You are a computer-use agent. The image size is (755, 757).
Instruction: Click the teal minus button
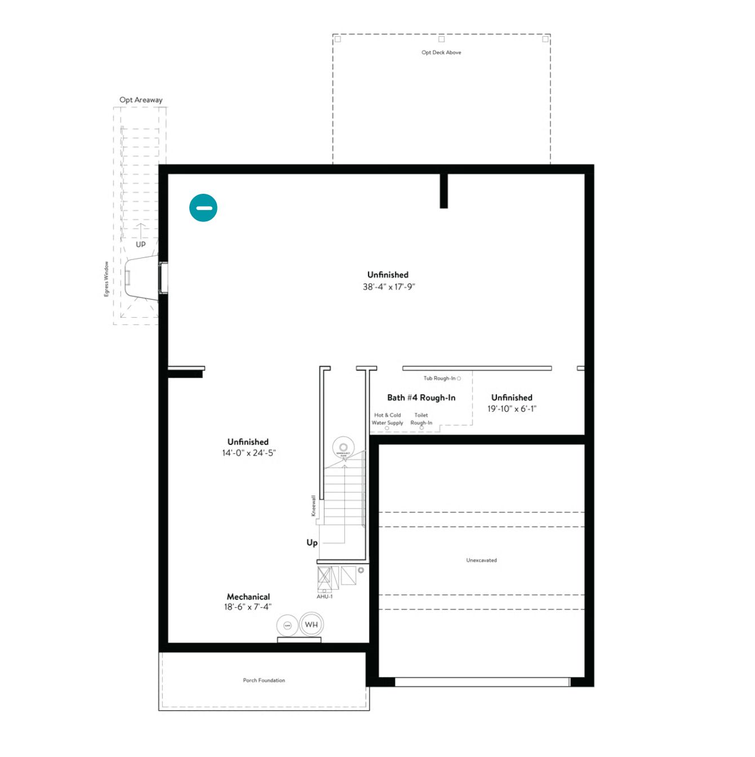(203, 208)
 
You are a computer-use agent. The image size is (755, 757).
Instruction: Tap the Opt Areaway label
(141, 100)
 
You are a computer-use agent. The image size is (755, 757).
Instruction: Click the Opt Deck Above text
(441, 52)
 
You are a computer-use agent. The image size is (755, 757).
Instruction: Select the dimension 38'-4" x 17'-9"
(389, 287)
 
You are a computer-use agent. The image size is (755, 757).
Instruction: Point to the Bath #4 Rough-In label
(421, 398)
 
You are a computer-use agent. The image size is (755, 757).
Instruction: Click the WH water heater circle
(311, 625)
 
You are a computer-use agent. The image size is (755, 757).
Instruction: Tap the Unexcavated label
(481, 560)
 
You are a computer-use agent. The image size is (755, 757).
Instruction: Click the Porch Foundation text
(264, 680)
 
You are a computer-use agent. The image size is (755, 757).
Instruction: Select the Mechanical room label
(248, 596)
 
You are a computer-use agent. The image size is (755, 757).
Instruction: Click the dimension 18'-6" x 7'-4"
(247, 607)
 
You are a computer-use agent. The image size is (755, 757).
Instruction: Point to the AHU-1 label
(325, 596)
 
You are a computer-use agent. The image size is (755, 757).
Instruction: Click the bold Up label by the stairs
(312, 542)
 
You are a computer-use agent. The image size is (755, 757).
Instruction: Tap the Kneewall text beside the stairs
(314, 505)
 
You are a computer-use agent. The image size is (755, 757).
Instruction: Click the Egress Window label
(106, 279)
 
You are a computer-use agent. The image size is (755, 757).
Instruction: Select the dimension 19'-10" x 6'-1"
(512, 409)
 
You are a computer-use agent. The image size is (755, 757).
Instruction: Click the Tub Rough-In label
(439, 379)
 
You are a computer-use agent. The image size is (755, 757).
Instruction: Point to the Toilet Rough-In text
(421, 419)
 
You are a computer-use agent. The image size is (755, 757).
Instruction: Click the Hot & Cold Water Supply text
(387, 419)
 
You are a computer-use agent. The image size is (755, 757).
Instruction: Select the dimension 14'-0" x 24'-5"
(248, 453)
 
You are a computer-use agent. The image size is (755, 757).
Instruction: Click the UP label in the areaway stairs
(140, 244)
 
